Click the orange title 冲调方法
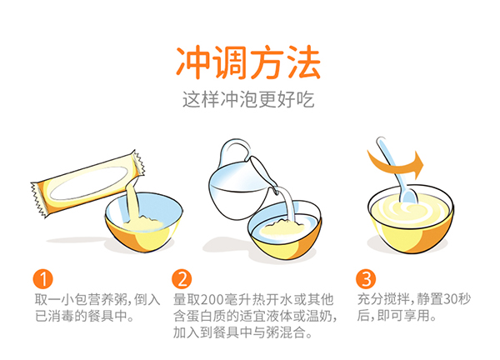pyautogui.click(x=249, y=61)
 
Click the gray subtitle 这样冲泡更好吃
pyautogui.click(x=249, y=98)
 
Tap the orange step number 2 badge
pyautogui.click(x=182, y=278)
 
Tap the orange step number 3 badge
pyautogui.click(x=366, y=278)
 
